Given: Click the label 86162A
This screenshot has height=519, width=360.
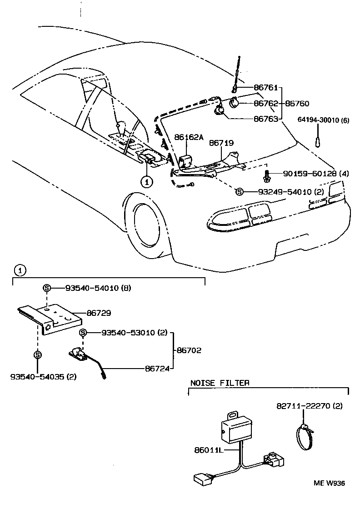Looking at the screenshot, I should click(x=189, y=137).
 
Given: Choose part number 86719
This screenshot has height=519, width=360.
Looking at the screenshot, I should click(x=221, y=143).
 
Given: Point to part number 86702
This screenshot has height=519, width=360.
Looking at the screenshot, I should click(x=189, y=350).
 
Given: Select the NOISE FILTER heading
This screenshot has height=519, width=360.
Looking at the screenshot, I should click(x=220, y=383).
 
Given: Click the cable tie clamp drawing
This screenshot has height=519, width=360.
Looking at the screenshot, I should click(x=306, y=436).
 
